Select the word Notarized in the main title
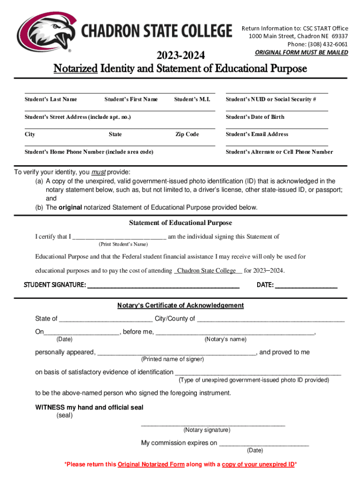(76, 69)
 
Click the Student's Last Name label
(51, 99)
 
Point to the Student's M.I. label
(192, 99)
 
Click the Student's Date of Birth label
(255, 117)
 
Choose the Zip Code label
(187, 134)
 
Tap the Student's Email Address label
(257, 134)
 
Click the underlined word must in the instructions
(98, 172)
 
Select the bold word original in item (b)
(70, 207)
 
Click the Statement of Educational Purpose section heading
(180, 223)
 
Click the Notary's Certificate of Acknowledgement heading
(180, 305)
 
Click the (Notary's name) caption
(225, 339)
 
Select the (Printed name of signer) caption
(173, 359)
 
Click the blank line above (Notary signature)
(213, 425)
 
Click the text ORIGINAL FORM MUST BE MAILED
(301, 52)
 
